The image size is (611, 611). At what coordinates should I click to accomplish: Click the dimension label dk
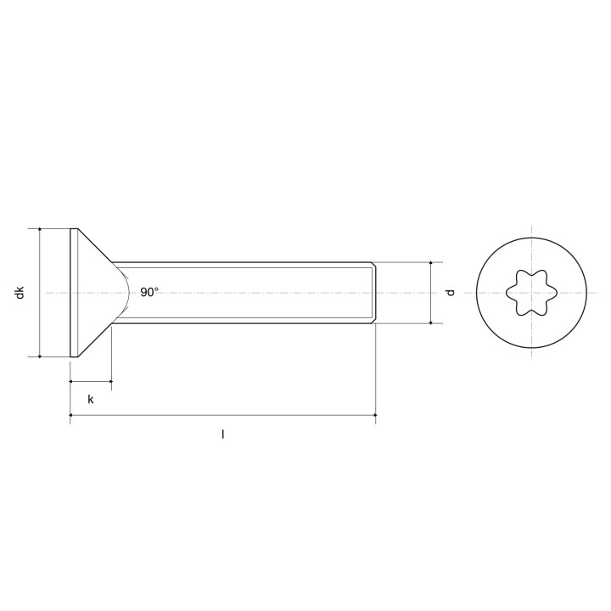[x=20, y=293]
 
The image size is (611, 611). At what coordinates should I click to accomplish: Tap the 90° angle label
[x=149, y=292]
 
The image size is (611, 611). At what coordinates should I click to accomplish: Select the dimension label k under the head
[x=91, y=400]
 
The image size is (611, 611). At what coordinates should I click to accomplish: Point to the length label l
[x=223, y=434]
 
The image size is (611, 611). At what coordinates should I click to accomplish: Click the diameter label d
[x=451, y=293]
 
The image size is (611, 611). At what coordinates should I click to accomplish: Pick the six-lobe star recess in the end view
[x=531, y=293]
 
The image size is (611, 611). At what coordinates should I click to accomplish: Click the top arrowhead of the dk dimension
[x=39, y=231]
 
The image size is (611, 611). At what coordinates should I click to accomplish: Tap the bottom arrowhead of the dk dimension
[x=39, y=355]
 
